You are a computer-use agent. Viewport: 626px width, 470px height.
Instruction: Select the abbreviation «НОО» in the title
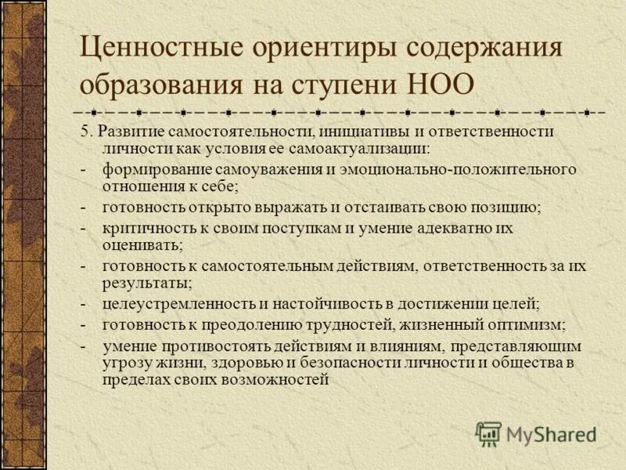(444, 82)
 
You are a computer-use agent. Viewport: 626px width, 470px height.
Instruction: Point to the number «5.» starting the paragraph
(86, 131)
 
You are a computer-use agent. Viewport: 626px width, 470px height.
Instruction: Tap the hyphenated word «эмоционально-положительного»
(456, 169)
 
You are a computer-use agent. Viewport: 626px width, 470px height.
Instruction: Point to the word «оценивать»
(141, 244)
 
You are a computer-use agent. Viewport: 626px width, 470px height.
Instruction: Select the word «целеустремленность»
(175, 303)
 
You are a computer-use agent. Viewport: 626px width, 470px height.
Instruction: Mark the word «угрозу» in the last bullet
(125, 363)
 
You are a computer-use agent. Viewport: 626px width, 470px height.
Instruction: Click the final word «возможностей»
(277, 380)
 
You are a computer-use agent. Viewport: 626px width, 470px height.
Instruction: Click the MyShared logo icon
(489, 432)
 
